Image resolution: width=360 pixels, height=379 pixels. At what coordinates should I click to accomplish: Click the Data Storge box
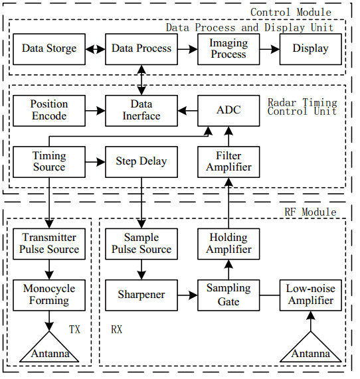point(49,49)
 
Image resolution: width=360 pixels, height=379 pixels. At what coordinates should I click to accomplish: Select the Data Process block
point(141,49)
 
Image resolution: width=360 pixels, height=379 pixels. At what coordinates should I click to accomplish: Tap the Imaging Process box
point(228,49)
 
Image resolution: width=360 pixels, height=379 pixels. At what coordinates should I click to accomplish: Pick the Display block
point(311,49)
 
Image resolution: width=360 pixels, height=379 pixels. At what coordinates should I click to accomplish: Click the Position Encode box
point(49,111)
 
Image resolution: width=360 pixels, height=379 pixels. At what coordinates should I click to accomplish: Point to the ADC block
point(228,111)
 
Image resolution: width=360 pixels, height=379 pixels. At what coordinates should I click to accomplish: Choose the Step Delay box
point(141,162)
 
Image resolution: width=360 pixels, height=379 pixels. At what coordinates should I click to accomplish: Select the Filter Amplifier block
point(228,162)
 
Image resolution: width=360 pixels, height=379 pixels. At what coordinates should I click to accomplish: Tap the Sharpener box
point(141,295)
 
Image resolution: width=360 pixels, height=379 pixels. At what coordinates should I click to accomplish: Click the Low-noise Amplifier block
point(311,295)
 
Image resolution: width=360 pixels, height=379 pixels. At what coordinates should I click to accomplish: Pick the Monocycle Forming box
point(49,295)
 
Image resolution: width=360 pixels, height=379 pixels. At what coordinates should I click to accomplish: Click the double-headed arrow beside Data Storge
point(96,49)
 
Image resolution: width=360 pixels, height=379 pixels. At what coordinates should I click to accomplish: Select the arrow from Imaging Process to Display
point(270,49)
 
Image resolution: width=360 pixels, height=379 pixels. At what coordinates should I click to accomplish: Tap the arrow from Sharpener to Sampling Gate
point(187,295)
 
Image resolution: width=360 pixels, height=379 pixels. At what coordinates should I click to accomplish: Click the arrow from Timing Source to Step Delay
point(96,162)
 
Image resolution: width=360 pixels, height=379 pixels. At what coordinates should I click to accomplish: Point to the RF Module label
point(310,212)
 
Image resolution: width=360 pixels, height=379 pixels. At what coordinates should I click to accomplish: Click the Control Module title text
point(291,13)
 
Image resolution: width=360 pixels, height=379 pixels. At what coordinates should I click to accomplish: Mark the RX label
point(117,329)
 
